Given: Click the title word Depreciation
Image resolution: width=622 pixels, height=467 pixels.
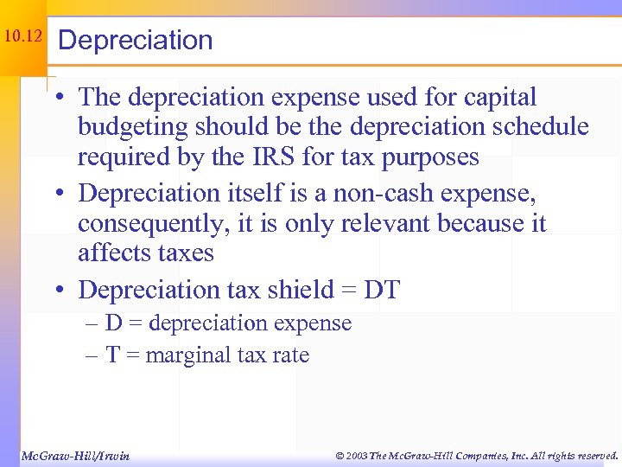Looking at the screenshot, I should click(x=136, y=40).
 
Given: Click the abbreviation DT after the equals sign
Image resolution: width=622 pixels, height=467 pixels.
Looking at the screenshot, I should click(x=383, y=289).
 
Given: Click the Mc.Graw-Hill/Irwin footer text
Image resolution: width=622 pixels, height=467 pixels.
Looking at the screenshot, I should click(x=74, y=455).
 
